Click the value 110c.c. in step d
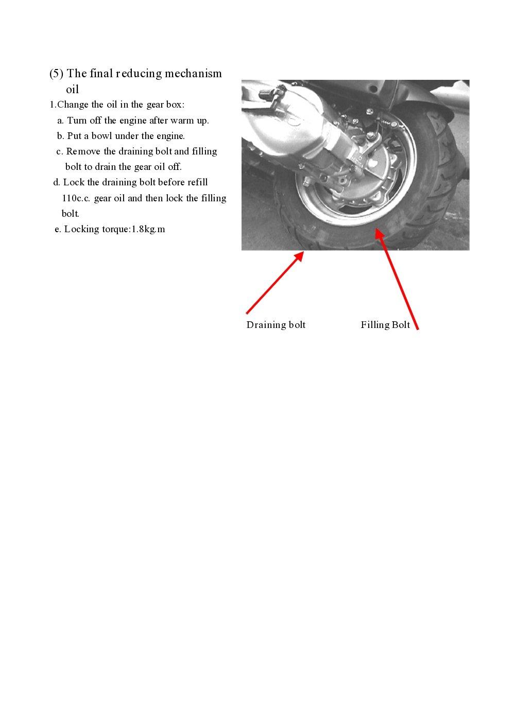(76, 198)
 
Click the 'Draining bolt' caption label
(276, 325)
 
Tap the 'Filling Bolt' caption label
(385, 325)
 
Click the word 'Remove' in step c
(83, 151)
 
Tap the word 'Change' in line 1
(73, 105)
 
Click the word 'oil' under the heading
(72, 89)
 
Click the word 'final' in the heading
(101, 74)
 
